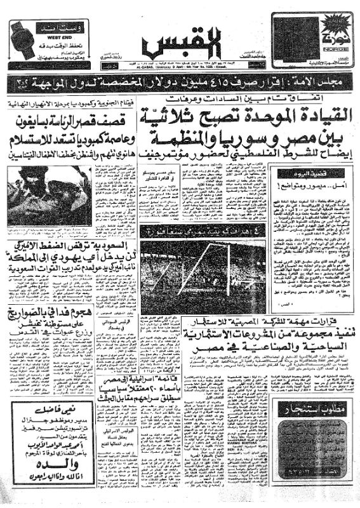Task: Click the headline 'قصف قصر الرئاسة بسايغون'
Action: (x=70, y=118)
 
